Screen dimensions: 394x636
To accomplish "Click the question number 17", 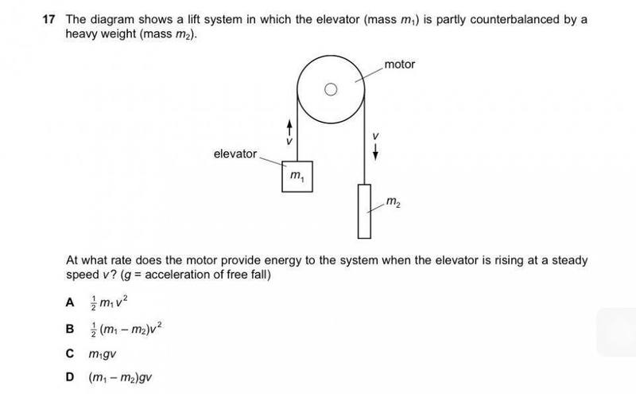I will click(x=49, y=18).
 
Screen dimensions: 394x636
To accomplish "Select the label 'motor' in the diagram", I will click(x=399, y=64).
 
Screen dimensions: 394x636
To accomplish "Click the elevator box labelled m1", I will click(x=297, y=176).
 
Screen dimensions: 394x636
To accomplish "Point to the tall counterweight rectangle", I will click(x=364, y=211).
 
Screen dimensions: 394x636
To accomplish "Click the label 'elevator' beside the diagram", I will click(x=235, y=154).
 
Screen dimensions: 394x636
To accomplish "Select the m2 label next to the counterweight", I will click(x=393, y=204).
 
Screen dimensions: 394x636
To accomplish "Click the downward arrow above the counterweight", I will click(x=374, y=151).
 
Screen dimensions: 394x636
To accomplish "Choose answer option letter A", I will click(x=71, y=302).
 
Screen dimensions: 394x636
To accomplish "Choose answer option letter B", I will click(x=71, y=328).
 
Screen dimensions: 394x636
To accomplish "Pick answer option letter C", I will click(x=71, y=353).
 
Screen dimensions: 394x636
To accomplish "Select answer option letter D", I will click(x=71, y=376).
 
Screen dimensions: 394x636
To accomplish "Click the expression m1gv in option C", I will click(x=104, y=353).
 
